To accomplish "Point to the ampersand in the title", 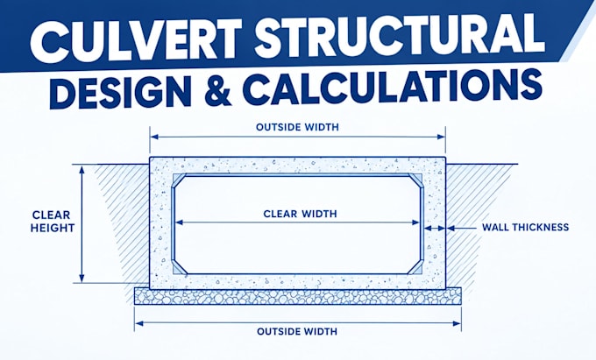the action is [218, 90].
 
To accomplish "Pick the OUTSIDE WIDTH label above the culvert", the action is [297, 127].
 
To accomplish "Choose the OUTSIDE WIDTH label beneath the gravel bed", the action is [297, 331].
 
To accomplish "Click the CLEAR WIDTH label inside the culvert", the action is [300, 214].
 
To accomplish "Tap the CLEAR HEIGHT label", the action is [53, 222].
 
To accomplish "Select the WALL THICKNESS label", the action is [525, 228].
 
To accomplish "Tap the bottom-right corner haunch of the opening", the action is [416, 268].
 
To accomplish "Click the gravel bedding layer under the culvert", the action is [298, 296].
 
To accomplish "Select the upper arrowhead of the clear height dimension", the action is [82, 170].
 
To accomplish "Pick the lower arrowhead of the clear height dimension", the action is [82, 278].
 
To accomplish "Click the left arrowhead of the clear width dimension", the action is [180, 222].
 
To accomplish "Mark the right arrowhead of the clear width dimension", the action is [415, 222].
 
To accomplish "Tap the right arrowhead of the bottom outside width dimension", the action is [457, 323].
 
